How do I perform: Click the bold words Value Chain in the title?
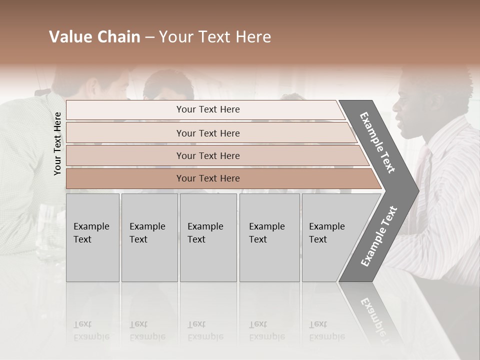coord(94,37)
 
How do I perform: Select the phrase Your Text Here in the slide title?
coord(215,37)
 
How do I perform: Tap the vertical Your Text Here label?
coord(57,143)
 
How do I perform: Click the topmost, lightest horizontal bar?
coord(207,109)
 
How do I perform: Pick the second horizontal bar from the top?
coord(207,133)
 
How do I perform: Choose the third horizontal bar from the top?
coord(207,155)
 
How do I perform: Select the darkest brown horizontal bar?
coord(207,178)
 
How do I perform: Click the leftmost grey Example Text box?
coord(92,237)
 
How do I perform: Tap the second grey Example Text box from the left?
coord(149,237)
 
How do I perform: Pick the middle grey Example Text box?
coord(208,237)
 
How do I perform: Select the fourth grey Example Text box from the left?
coord(269,237)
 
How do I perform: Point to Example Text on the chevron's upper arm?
coord(377,142)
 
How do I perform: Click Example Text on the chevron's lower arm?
coord(378,236)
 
